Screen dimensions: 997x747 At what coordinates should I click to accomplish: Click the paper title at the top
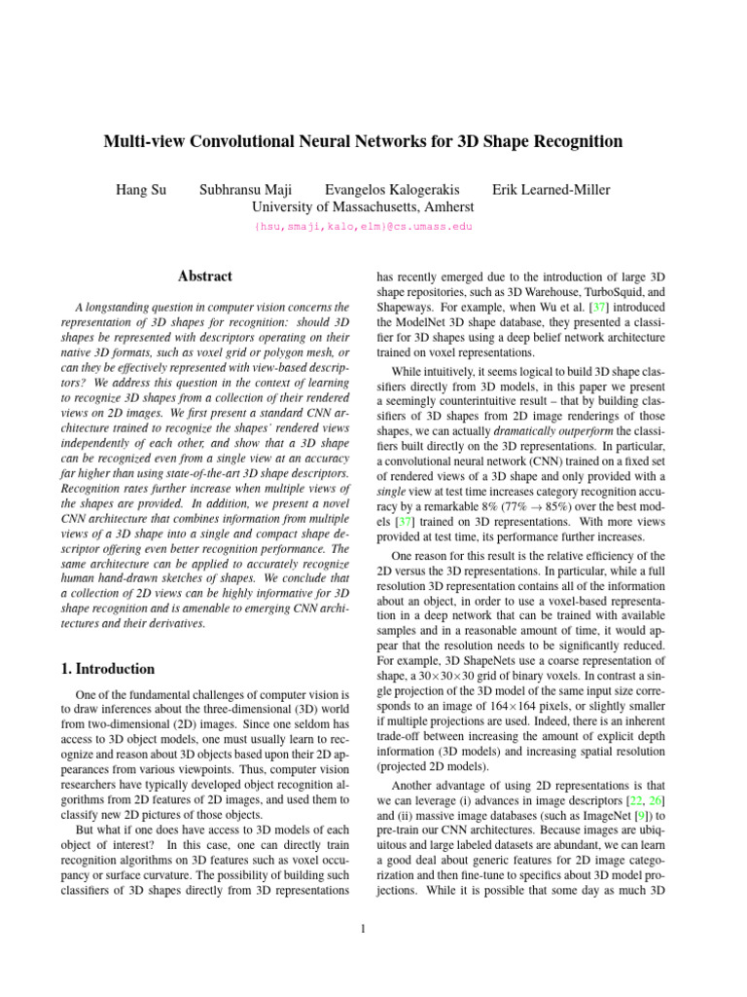[x=363, y=142]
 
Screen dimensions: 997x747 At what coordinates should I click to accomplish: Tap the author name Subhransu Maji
[x=246, y=189]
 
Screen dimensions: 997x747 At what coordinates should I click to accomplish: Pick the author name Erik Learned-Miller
[x=551, y=189]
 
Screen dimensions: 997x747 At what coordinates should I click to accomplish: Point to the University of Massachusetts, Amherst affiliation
[x=363, y=206]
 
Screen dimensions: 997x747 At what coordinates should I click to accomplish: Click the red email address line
[x=363, y=226]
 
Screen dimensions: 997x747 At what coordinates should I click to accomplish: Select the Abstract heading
[x=205, y=277]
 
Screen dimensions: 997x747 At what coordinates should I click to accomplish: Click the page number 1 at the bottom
[x=363, y=928]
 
